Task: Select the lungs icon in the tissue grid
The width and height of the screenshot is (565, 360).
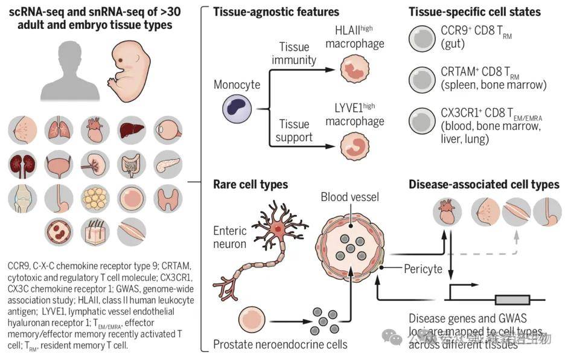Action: click(59, 129)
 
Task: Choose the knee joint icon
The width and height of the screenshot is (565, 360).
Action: click(23, 198)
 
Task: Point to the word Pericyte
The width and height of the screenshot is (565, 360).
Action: click(423, 268)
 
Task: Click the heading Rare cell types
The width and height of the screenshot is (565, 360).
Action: click(251, 184)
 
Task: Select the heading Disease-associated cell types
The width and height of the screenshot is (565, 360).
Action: click(484, 184)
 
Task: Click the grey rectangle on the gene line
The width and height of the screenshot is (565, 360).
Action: click(512, 300)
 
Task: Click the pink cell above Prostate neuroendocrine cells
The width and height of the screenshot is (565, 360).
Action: click(252, 320)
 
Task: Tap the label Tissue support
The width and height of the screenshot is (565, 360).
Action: click(295, 130)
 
